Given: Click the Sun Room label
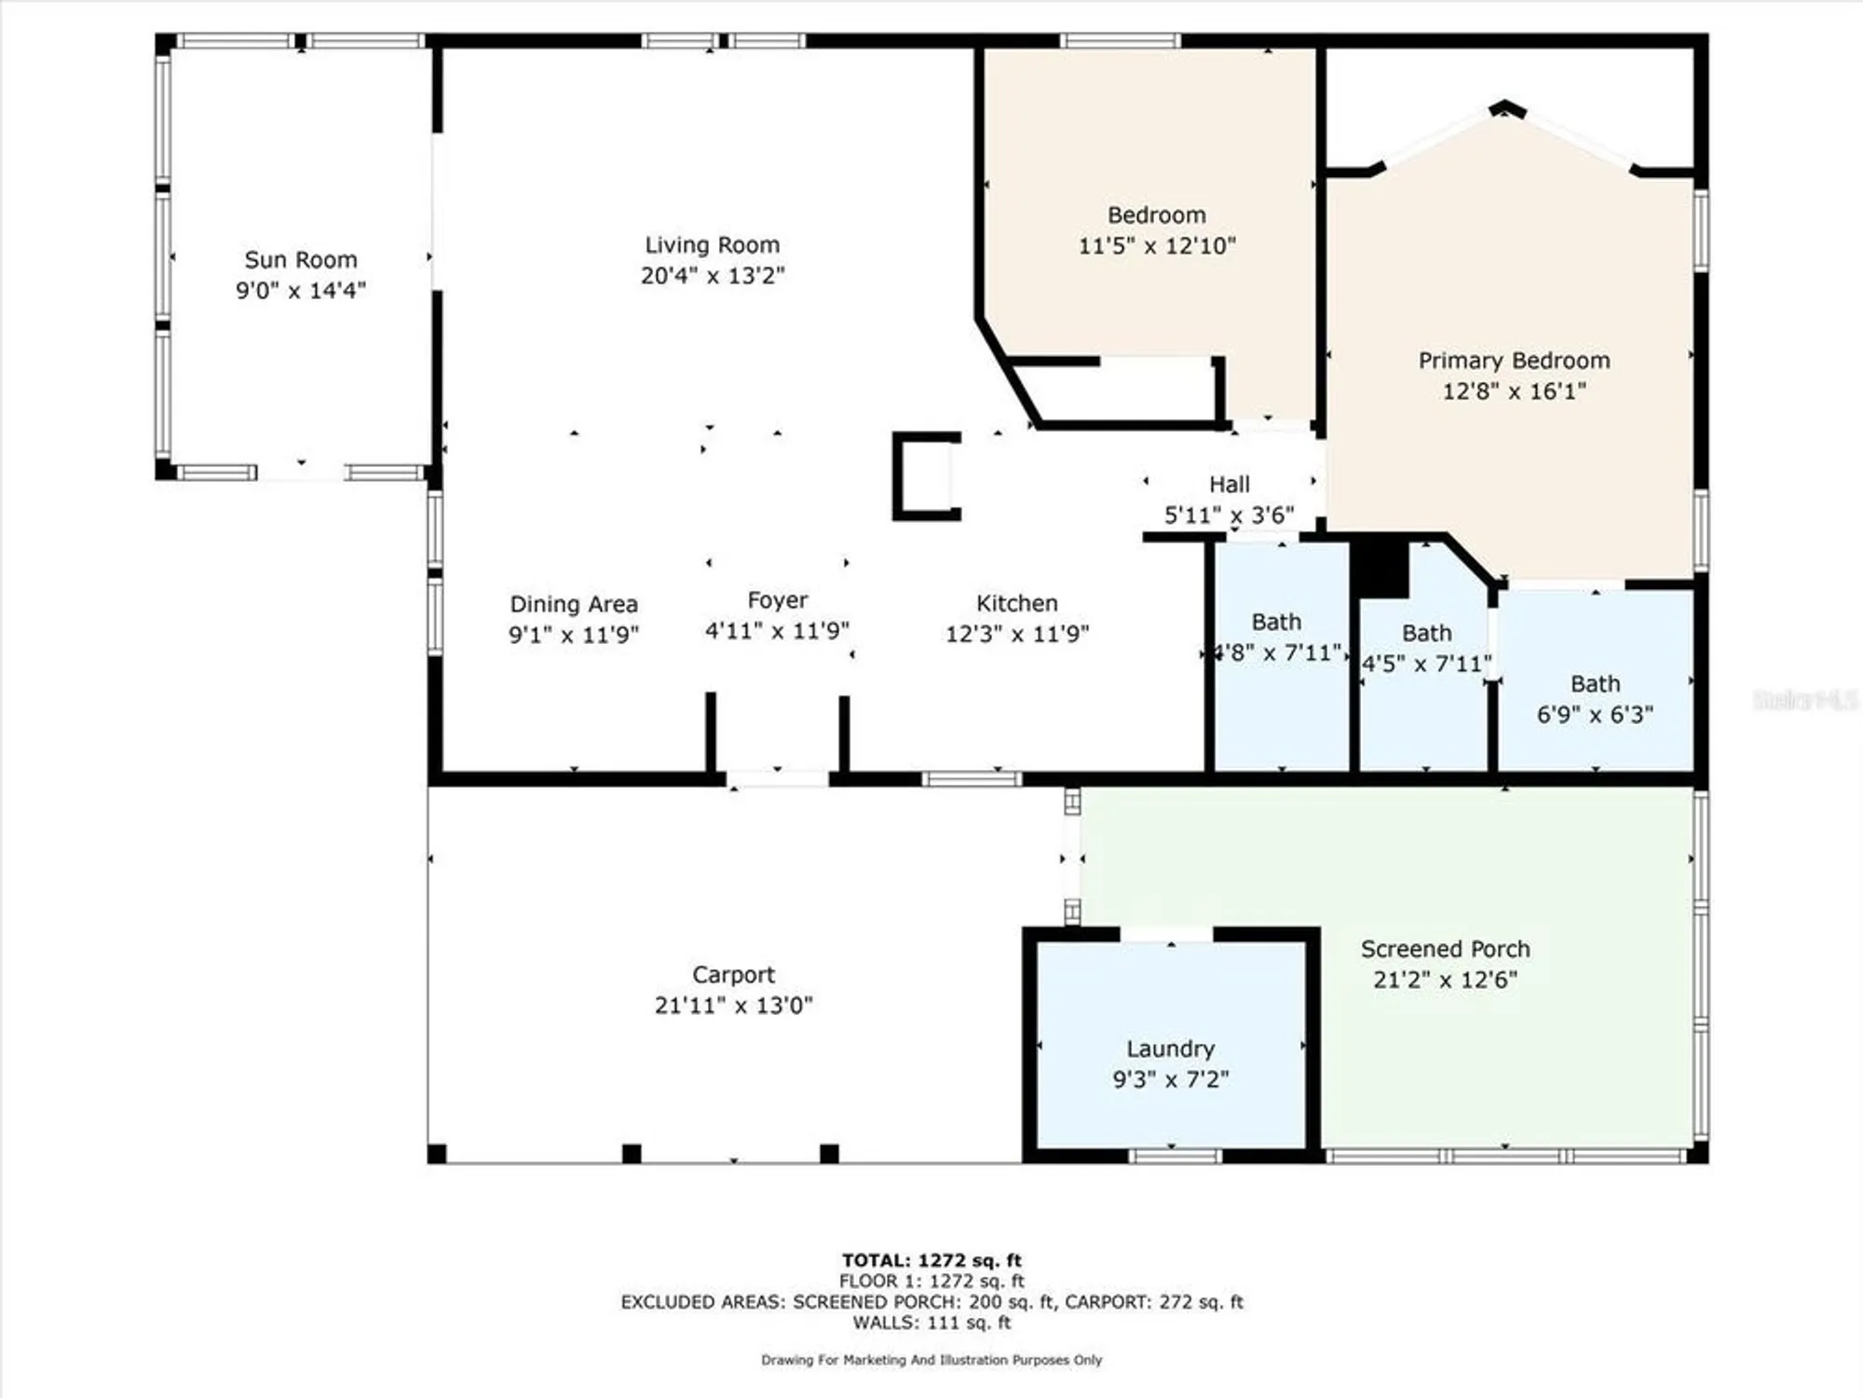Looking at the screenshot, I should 300,260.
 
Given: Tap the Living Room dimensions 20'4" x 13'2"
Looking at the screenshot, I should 713,276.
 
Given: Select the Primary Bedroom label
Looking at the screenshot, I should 1514,361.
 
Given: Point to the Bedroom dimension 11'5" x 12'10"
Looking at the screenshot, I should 1156,246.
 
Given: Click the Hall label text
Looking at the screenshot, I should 1229,485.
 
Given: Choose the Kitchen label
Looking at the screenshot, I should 1016,603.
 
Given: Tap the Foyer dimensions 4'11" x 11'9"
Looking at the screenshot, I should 777,631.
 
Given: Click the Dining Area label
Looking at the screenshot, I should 574,604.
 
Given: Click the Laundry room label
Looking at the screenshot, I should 1170,1048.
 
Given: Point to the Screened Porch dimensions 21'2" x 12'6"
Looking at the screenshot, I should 1445,980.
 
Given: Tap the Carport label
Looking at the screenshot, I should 733,975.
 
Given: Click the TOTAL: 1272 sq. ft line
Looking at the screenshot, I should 931,1260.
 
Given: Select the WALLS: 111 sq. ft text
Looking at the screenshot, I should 931,1322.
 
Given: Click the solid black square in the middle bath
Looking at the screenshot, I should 1380,568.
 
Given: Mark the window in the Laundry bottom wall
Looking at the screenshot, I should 1175,1157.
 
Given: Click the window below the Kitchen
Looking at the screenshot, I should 972,779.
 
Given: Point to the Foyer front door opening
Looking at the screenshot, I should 777,779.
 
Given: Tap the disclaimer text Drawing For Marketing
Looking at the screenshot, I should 931,1360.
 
